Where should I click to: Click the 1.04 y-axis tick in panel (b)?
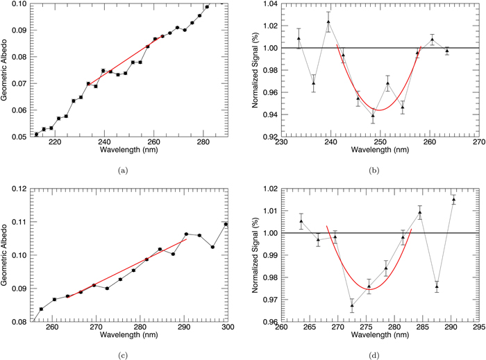pos(269,4)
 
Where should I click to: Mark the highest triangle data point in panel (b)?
pos(328,22)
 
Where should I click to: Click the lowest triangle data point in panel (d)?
pos(352,305)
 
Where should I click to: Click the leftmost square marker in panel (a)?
pos(37,134)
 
